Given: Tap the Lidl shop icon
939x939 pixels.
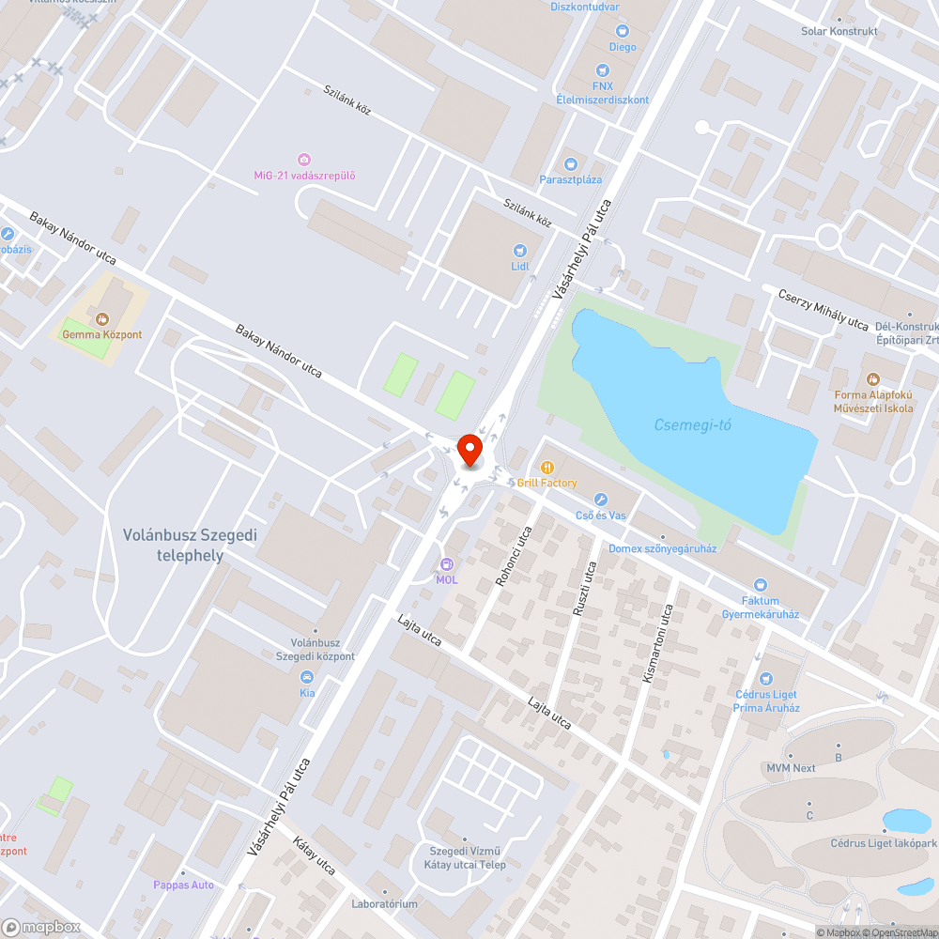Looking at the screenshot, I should point(519,250).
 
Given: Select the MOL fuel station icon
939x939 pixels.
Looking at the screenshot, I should point(446,564).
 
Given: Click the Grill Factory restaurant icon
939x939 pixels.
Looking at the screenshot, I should point(546,467).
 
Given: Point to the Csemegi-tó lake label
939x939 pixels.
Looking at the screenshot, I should point(692,425).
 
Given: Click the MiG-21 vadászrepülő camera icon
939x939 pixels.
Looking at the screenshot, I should point(304,160).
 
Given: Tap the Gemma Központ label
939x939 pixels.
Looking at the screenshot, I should point(101,333).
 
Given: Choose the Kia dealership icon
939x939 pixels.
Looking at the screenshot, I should point(306,677).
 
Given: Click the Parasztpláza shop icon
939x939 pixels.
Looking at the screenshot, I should point(570,164).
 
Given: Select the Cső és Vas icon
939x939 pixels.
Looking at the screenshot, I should point(602,500).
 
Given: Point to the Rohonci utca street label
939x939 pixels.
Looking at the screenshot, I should point(514,555).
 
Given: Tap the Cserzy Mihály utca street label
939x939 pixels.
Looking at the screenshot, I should point(823,309).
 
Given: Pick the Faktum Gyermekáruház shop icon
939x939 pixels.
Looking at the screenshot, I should point(761,585).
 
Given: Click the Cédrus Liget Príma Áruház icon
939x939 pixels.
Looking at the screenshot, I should point(766,678).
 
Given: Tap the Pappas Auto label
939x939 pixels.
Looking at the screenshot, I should point(184,885).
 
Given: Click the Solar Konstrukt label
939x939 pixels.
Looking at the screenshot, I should point(839,31).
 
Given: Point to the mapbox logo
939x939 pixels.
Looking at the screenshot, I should point(41,927).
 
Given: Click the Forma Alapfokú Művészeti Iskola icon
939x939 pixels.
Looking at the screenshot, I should point(873,379).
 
